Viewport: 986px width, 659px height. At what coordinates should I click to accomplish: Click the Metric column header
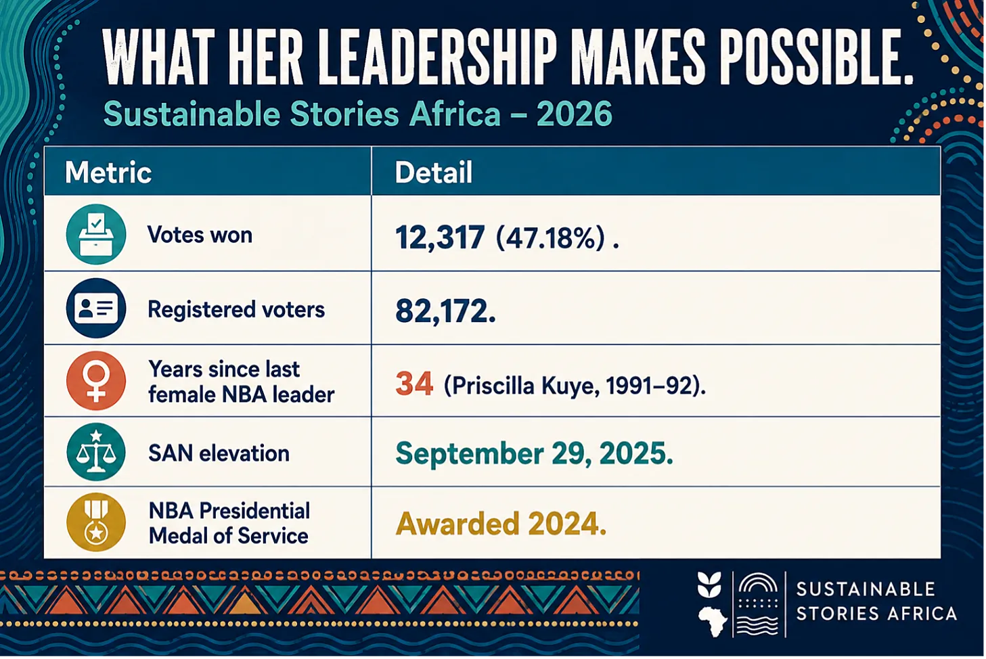pyautogui.click(x=108, y=172)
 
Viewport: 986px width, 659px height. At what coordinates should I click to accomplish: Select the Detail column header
pyautogui.click(x=433, y=172)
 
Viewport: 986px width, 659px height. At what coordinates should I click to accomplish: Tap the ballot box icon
pyautogui.click(x=96, y=234)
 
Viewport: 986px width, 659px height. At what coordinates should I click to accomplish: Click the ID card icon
pyautogui.click(x=96, y=308)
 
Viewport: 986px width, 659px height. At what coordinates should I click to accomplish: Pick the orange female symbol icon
pyautogui.click(x=96, y=380)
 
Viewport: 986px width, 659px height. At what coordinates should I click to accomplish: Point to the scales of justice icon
pyautogui.click(x=96, y=452)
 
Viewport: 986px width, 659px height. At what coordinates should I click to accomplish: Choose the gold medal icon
pyautogui.click(x=96, y=522)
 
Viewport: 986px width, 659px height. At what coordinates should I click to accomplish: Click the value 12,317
pyautogui.click(x=440, y=238)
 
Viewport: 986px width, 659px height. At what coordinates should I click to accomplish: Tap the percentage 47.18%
pyautogui.click(x=550, y=239)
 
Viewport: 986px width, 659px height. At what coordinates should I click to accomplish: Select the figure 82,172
pyautogui.click(x=445, y=311)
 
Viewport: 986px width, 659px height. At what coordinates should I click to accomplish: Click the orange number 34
pyautogui.click(x=413, y=384)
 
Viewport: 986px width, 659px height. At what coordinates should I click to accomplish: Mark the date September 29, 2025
pyautogui.click(x=534, y=454)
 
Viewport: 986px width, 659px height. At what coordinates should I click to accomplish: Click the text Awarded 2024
pyautogui.click(x=501, y=524)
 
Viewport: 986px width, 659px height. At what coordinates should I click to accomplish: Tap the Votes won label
pyautogui.click(x=200, y=235)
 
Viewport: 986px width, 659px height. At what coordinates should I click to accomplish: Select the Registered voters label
pyautogui.click(x=236, y=309)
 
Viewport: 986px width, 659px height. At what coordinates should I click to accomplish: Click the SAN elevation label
pyautogui.click(x=219, y=453)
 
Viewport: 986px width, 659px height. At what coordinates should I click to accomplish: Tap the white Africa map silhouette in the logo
pyautogui.click(x=712, y=621)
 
